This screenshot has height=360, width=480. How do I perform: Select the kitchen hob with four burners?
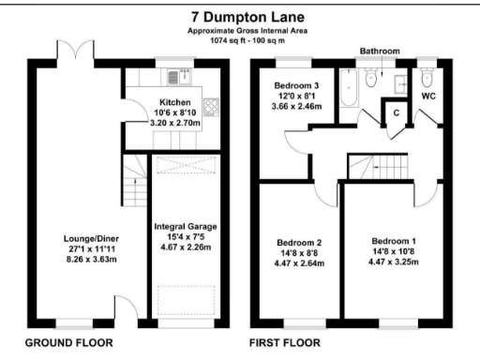209,105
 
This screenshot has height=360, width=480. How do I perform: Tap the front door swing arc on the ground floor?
125,309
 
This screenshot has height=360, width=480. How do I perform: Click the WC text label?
429,96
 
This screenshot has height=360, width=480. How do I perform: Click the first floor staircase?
381,167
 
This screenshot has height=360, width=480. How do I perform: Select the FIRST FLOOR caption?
290,344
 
